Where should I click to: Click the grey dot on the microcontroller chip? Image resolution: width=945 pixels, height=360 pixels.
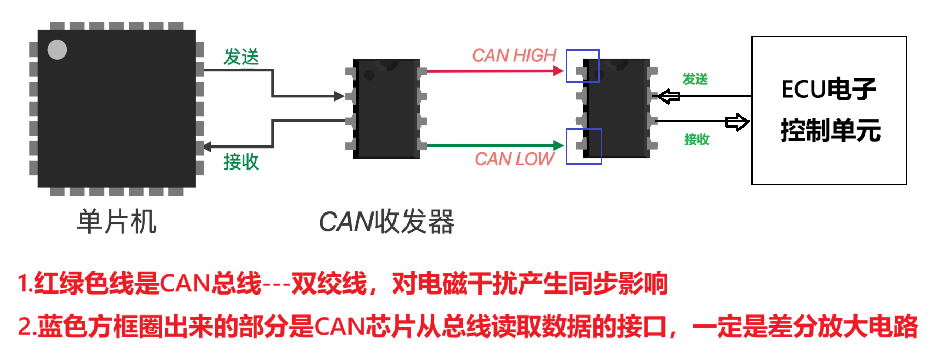pyautogui.click(x=57, y=50)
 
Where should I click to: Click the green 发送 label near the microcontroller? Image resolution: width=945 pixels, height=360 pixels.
pyautogui.click(x=241, y=57)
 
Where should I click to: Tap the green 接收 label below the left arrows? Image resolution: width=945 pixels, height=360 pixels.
pyautogui.click(x=241, y=162)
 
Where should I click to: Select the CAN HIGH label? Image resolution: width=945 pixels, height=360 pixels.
pyautogui.click(x=514, y=55)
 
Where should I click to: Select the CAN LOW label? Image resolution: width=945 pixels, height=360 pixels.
pyautogui.click(x=514, y=159)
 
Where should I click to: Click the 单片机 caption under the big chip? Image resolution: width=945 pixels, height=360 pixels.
pyautogui.click(x=117, y=222)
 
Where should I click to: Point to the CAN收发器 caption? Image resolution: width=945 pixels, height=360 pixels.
pyautogui.click(x=386, y=222)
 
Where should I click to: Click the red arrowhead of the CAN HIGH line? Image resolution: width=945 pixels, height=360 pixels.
pyautogui.click(x=558, y=71)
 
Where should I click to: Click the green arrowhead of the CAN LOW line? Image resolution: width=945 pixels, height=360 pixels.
pyautogui.click(x=558, y=145)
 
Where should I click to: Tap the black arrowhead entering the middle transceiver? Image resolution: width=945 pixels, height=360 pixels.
pyautogui.click(x=340, y=96)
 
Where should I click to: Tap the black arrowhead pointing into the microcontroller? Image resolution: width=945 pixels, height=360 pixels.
pyautogui.click(x=207, y=147)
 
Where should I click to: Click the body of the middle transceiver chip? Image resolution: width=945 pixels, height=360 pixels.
pyautogui.click(x=386, y=109)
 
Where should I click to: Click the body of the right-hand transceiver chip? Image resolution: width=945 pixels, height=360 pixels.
pyautogui.click(x=617, y=109)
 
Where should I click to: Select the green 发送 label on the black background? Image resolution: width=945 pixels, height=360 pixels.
pyautogui.click(x=695, y=79)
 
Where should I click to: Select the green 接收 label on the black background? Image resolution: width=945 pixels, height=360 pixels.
pyautogui.click(x=697, y=139)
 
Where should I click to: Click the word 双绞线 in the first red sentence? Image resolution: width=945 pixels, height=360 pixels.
pyautogui.click(x=329, y=284)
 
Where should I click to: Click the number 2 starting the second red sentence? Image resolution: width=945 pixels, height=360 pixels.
pyautogui.click(x=24, y=327)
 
